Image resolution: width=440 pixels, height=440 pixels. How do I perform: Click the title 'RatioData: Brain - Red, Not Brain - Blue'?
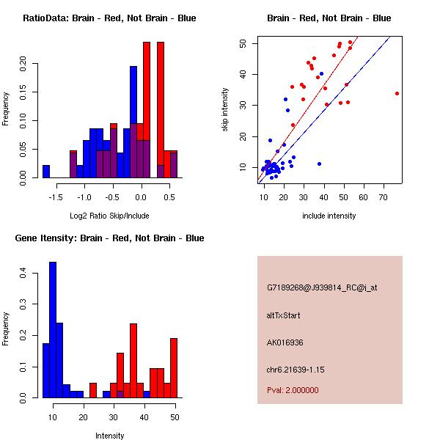pyautogui.click(x=109, y=18)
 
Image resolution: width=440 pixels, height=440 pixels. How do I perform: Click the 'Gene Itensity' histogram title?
pyautogui.click(x=109, y=238)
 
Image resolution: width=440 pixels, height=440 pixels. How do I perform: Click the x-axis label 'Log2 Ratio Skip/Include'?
pyautogui.click(x=109, y=216)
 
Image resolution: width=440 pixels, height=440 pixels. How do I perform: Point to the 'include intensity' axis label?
pyautogui.click(x=329, y=216)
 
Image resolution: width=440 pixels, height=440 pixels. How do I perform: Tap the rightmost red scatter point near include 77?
pyautogui.click(x=397, y=93)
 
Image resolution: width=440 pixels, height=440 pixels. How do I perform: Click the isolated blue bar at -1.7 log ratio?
pyautogui.click(x=46, y=172)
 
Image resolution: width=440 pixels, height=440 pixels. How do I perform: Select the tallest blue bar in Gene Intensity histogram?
pyautogui.click(x=53, y=330)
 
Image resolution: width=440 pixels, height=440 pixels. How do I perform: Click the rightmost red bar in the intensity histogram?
pyautogui.click(x=174, y=367)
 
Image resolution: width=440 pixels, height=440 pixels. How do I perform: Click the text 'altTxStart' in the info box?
pyautogui.click(x=284, y=315)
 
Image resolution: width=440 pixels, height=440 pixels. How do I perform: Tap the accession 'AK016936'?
pyautogui.click(x=286, y=342)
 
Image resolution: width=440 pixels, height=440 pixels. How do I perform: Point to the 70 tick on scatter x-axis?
pyautogui.click(x=384, y=198)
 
